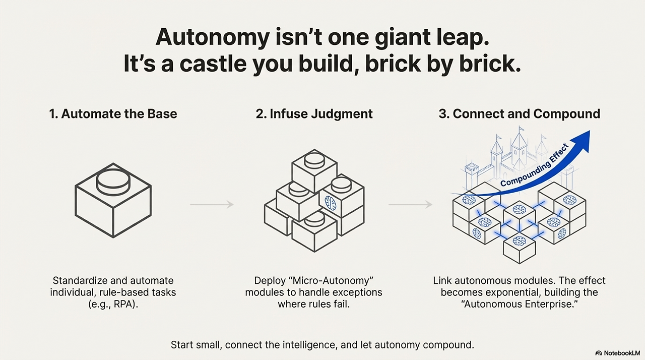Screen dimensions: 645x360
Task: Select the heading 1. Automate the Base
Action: pyautogui.click(x=113, y=114)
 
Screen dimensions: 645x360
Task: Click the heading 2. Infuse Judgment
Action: pyautogui.click(x=314, y=114)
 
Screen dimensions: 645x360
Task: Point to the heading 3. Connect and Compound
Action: pyautogui.click(x=520, y=114)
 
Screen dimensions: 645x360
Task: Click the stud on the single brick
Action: pyautogui.click(x=113, y=181)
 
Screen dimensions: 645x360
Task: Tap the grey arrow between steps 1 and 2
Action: pyautogui.click(x=212, y=204)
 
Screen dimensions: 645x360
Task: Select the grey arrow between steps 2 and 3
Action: pyautogui.click(x=410, y=204)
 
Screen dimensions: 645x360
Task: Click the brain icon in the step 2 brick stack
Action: pyautogui.click(x=330, y=203)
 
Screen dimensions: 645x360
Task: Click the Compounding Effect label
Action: pyautogui.click(x=534, y=165)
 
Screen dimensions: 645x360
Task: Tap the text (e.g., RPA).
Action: pyautogui.click(x=113, y=304)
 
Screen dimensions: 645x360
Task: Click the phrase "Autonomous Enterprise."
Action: pyautogui.click(x=520, y=304)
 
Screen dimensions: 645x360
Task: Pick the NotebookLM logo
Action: pyautogui.click(x=618, y=353)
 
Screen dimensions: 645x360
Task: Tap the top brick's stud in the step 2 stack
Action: pyautogui.click(x=314, y=160)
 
